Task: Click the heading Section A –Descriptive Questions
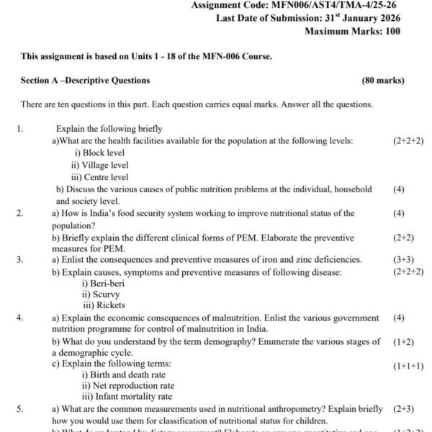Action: point(86,80)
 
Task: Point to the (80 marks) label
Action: point(383,80)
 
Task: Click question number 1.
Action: point(22,129)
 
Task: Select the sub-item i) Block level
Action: point(99,153)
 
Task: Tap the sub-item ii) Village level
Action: point(100,165)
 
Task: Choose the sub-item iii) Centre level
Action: point(100,177)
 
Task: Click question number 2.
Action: point(20,213)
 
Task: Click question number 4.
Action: point(20,318)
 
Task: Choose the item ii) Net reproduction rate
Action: point(128,385)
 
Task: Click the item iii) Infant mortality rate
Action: point(127,397)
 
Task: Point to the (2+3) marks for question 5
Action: point(403,409)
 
